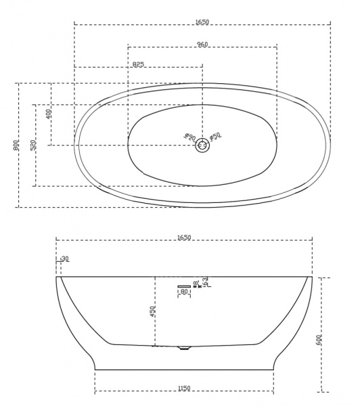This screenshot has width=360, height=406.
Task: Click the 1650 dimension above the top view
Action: click(202, 22)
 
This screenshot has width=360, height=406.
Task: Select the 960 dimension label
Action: click(202, 45)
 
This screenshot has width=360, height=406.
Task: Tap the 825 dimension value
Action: click(138, 64)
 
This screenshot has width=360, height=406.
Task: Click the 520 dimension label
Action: click(33, 145)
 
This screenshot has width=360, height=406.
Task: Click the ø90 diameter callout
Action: click(189, 137)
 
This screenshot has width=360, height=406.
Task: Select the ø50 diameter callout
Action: click(215, 137)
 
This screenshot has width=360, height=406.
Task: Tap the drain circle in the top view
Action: click(202, 144)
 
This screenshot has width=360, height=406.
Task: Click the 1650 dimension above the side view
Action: click(184, 238)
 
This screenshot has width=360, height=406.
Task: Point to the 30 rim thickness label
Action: click(65, 258)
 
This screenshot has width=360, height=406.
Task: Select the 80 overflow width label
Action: click(183, 292)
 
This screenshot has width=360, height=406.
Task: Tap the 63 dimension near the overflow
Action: click(205, 281)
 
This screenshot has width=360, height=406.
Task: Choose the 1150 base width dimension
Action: click(184, 388)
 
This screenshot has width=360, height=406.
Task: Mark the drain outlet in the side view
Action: click(183, 348)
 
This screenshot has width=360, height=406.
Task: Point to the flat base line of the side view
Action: click(184, 369)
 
